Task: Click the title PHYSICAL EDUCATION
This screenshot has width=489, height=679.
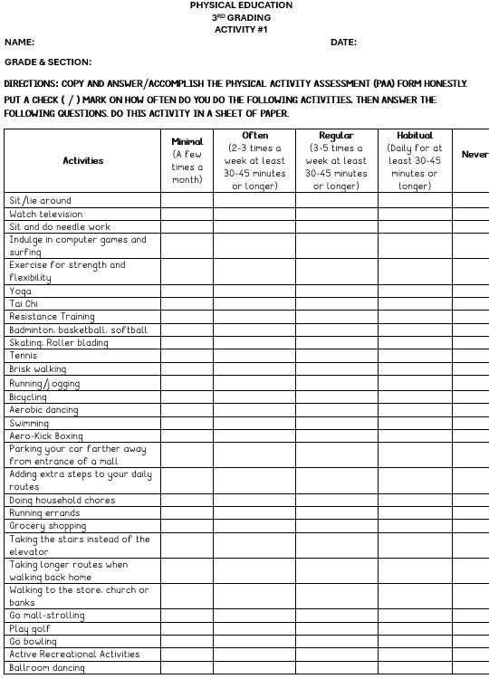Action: tap(241, 5)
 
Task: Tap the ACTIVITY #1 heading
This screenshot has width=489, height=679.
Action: tap(241, 30)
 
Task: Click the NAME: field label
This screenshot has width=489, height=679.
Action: tap(20, 43)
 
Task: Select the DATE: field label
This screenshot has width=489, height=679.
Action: tap(343, 43)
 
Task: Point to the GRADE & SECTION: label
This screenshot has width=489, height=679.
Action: tap(48, 62)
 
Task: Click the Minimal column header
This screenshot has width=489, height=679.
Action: tap(187, 142)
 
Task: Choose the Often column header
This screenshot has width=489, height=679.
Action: tap(254, 136)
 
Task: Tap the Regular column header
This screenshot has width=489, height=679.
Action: tap(336, 136)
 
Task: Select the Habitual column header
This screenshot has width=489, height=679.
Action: tap(415, 136)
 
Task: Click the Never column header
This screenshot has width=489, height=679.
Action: tap(475, 155)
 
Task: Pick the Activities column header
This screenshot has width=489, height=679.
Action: tap(83, 161)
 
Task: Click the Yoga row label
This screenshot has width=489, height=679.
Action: tap(20, 292)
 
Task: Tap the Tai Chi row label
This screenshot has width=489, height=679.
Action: tap(24, 304)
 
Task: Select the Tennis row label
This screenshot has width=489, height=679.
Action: tap(24, 356)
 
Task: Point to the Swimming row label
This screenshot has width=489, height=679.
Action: tap(29, 423)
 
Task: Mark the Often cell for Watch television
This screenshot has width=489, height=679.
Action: tap(254, 215)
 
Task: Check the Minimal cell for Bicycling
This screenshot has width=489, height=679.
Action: tap(187, 397)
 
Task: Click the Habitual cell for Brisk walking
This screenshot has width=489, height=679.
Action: tap(415, 369)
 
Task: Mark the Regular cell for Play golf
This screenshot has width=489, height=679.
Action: tap(336, 628)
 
